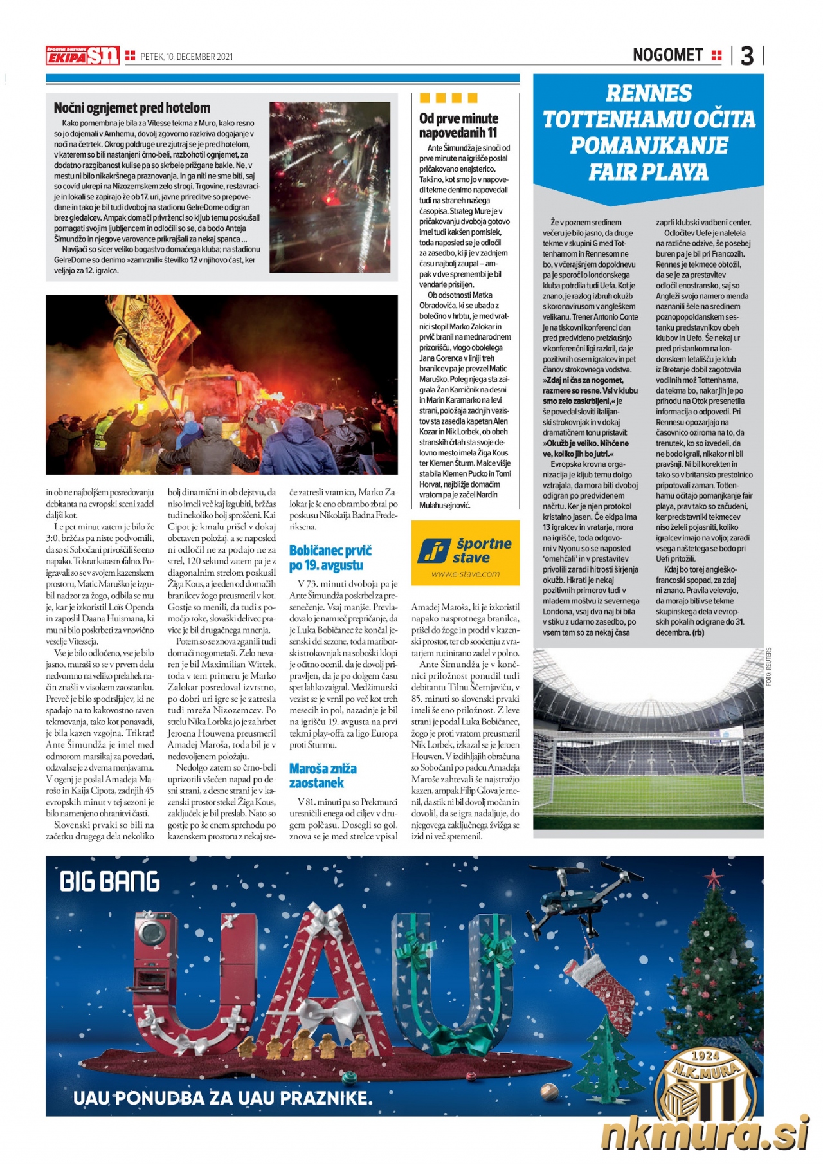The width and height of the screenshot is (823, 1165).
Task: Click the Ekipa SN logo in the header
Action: (x=82, y=56)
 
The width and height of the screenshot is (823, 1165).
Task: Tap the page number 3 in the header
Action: (x=746, y=56)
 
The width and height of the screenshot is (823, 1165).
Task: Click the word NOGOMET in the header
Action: (x=667, y=55)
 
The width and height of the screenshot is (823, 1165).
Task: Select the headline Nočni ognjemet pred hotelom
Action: (x=132, y=108)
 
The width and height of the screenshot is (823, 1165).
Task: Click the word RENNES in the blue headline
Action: (x=649, y=94)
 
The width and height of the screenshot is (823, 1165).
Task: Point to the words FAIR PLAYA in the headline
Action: (x=649, y=172)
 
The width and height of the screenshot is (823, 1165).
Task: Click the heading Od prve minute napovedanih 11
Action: (x=458, y=125)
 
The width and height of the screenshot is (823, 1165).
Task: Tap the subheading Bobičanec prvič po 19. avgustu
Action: (x=330, y=558)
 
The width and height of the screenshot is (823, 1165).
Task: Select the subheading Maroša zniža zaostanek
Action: (x=322, y=775)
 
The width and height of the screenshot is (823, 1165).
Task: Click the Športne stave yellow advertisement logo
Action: (x=465, y=549)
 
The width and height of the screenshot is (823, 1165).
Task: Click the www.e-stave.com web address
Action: (x=465, y=574)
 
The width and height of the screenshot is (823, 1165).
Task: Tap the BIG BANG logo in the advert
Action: (x=110, y=882)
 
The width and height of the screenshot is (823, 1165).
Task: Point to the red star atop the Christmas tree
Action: (x=712, y=878)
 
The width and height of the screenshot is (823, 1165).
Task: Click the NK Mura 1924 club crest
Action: (x=705, y=1087)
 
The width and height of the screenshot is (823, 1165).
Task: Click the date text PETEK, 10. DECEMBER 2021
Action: (x=186, y=57)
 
